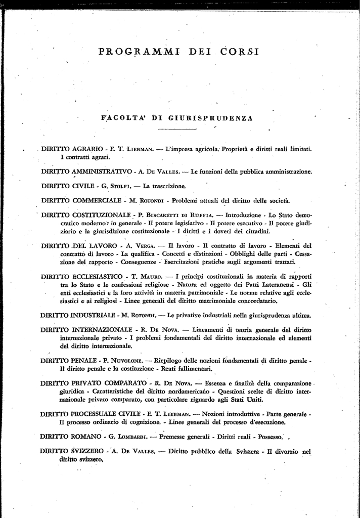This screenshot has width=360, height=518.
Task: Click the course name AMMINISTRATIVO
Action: (x=98, y=171)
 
